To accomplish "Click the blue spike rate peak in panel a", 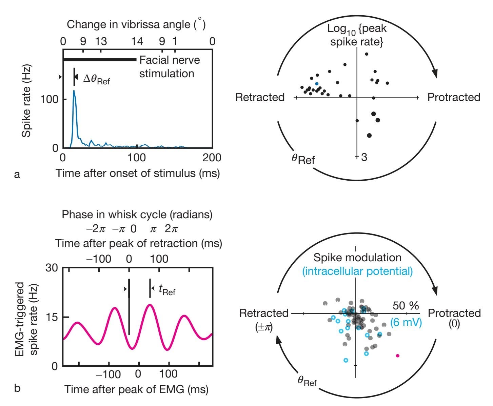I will (x=74, y=91).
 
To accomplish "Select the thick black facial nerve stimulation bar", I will (x=100, y=60).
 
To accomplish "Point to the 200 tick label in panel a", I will (x=212, y=157).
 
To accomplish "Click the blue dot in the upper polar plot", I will (x=317, y=83).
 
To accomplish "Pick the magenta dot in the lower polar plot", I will (x=398, y=356).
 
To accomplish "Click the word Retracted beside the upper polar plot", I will (x=260, y=97).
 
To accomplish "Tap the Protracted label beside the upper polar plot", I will (x=454, y=97).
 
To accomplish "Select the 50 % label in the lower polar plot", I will (x=406, y=306).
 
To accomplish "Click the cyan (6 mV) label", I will (x=406, y=322).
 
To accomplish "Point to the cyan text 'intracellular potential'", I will (x=357, y=271).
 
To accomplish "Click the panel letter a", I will (x=17, y=175).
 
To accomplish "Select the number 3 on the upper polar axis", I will (x=364, y=157).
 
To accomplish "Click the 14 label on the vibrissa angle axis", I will (x=137, y=41).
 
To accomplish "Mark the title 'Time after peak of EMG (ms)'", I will (x=136, y=389).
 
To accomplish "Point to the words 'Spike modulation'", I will (x=357, y=258).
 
